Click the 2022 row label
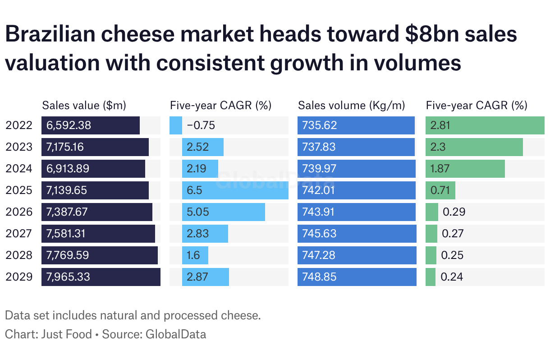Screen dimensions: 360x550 19,125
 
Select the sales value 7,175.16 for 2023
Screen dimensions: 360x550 65,147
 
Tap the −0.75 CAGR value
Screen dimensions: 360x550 201,125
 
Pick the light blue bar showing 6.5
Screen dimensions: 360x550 235,190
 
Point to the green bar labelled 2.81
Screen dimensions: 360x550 485,125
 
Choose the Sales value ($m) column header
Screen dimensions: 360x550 84,106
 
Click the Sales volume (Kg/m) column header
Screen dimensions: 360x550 352,106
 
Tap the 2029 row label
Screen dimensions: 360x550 19,277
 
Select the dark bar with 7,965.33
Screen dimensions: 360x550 101,277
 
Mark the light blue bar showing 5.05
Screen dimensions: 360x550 223,212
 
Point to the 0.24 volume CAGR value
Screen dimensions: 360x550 452,277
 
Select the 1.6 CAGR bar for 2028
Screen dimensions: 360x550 195,255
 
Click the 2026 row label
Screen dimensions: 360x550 19,212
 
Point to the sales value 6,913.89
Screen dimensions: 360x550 68,169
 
